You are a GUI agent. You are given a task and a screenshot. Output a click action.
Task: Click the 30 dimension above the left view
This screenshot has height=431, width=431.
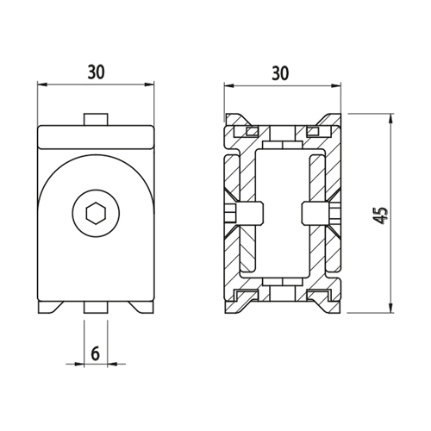(x=97, y=72)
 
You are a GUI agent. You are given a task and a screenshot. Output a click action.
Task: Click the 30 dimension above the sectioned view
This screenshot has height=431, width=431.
(x=280, y=73)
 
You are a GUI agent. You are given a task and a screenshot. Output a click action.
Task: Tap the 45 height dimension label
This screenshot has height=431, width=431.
(x=382, y=215)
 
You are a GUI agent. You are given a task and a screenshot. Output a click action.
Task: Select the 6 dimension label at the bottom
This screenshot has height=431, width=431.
(x=96, y=353)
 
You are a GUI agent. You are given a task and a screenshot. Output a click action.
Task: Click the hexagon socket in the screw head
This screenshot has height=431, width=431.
(x=96, y=213)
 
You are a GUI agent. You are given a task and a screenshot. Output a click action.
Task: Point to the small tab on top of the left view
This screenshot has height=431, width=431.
(x=96, y=119)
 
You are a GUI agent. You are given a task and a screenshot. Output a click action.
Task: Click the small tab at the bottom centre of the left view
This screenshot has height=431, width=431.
(x=96, y=307)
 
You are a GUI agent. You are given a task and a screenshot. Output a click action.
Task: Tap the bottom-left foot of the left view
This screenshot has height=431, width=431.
(x=49, y=307)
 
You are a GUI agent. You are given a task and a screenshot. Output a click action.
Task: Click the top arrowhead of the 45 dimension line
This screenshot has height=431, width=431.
(x=390, y=118)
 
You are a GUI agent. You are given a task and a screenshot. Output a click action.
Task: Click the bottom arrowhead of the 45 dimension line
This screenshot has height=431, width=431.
(x=390, y=309)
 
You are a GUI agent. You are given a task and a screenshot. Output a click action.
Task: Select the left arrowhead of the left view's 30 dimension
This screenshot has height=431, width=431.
(x=42, y=84)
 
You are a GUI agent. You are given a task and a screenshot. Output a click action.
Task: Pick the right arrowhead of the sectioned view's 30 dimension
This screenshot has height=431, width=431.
(x=336, y=85)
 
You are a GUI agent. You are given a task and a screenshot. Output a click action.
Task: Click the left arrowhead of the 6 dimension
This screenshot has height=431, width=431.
(x=79, y=364)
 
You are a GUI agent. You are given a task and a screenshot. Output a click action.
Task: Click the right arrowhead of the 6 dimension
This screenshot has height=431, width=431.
(x=112, y=364)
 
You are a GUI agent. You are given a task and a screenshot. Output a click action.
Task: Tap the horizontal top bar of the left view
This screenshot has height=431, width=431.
(x=96, y=137)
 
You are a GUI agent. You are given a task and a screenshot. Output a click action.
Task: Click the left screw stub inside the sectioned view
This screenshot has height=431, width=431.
(x=244, y=213)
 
